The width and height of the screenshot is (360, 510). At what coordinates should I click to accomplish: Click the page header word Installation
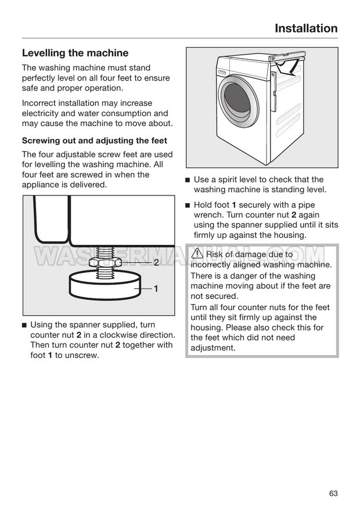(x=305, y=28)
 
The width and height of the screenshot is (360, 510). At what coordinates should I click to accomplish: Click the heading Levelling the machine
(x=75, y=53)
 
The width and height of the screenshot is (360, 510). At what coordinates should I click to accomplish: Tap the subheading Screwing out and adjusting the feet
(x=94, y=140)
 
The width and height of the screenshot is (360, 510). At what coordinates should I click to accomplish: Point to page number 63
(x=333, y=477)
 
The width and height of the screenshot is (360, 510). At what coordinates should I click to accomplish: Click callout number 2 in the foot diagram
(x=156, y=263)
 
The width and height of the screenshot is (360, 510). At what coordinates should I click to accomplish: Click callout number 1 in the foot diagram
(x=156, y=288)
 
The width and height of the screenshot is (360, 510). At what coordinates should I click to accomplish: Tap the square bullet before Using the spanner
(x=24, y=325)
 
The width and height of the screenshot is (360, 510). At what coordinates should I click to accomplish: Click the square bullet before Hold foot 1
(x=188, y=205)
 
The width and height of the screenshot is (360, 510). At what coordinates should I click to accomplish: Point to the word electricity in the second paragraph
(x=44, y=113)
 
